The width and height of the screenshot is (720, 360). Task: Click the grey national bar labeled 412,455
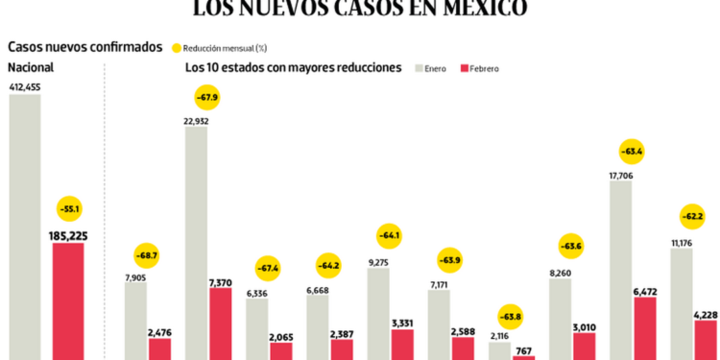[25, 227]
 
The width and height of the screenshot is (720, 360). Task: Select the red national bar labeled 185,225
[68, 300]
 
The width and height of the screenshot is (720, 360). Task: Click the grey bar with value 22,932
[196, 243]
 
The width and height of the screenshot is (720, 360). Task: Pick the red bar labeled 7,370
[220, 323]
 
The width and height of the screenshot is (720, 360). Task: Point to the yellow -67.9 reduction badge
[207, 97]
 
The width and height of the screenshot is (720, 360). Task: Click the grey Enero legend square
[420, 68]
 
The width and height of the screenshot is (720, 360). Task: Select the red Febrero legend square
[465, 68]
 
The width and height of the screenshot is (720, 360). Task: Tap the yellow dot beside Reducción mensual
[176, 47]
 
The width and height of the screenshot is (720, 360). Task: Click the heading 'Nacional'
[31, 67]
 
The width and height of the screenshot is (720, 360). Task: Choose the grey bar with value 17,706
[620, 270]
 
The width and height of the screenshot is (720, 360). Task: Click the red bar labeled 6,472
[645, 327]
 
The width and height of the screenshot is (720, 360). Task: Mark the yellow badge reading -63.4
[632, 151]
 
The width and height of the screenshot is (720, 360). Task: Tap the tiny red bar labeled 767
[523, 358]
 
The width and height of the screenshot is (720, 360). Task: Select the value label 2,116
[499, 335]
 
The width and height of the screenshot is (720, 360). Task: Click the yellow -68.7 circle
[147, 256]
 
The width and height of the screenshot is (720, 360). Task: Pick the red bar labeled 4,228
[706, 339]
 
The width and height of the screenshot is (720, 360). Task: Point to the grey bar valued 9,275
[378, 313]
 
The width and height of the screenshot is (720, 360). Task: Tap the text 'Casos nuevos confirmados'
[84, 47]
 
